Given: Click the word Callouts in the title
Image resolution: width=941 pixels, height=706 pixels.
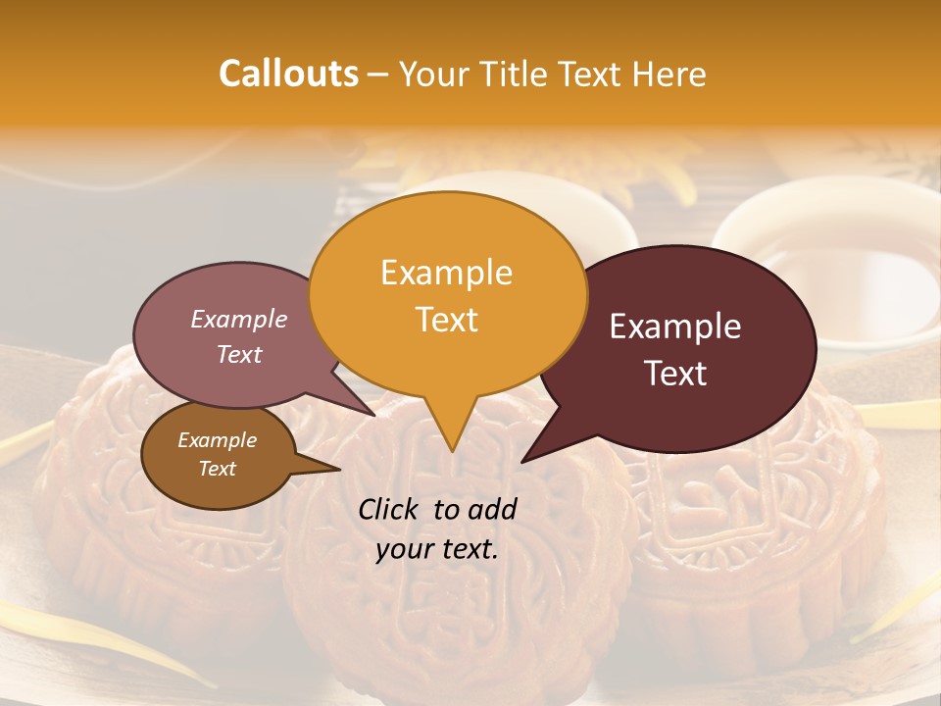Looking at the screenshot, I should (x=288, y=74).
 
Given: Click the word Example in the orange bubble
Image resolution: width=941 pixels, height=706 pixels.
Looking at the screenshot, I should (x=446, y=273).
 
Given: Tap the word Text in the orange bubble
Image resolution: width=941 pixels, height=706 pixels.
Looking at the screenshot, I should (x=446, y=320).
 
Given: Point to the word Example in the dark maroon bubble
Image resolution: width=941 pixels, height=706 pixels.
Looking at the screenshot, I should (x=675, y=327).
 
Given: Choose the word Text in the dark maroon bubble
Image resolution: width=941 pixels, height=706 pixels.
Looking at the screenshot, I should (x=675, y=374).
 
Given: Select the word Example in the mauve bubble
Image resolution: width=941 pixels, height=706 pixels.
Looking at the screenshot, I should (x=238, y=319).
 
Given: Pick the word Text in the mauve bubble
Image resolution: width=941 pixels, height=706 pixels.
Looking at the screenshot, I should (x=238, y=355).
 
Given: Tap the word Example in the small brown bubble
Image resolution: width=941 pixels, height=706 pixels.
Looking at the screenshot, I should (x=217, y=440).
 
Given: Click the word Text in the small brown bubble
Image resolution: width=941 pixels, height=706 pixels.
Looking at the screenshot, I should (x=217, y=469).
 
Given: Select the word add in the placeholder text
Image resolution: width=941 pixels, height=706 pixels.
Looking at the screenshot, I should (x=491, y=509).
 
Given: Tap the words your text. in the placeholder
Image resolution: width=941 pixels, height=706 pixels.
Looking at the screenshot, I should (x=436, y=550).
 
